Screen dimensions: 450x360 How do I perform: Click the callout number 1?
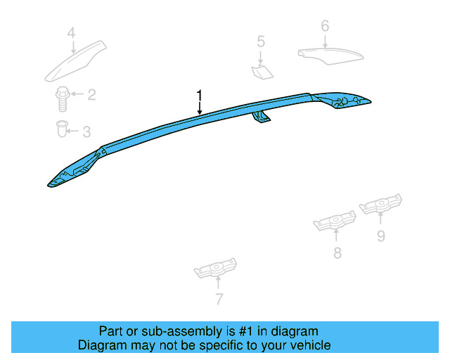click(200, 94)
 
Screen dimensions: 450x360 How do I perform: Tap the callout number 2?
click(91, 95)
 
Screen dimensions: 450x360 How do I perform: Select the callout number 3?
click(86, 131)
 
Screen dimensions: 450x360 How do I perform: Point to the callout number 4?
click(71, 32)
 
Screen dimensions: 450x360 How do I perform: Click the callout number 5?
click(261, 41)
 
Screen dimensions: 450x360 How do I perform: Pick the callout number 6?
click(324, 26)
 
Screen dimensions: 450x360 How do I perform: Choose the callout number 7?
click(219, 300)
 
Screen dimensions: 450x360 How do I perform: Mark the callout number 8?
click(337, 253)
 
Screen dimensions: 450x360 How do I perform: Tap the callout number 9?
click(380, 236)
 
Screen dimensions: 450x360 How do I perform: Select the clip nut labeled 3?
click(62, 129)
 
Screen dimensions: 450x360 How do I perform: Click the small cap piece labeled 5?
click(262, 70)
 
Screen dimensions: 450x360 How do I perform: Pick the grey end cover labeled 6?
click(328, 54)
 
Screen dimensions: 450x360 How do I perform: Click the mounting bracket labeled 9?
click(380, 205)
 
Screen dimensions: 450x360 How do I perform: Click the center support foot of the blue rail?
click(262, 118)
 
